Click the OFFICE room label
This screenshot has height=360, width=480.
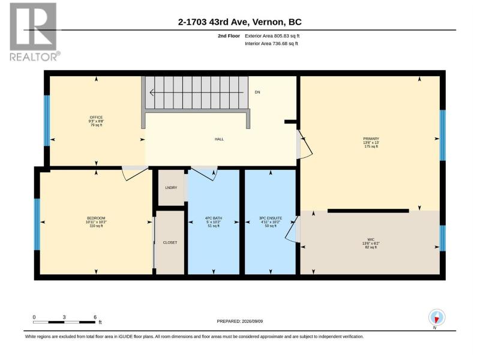coord(96,117)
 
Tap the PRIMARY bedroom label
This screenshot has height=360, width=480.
coord(371,139)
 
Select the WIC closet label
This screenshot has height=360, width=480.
coord(371,239)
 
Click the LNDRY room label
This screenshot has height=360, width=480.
coord(171,188)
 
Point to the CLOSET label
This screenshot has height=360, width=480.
coord(170,242)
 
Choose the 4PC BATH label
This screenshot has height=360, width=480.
coord(214,218)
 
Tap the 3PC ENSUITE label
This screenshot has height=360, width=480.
coord(271,218)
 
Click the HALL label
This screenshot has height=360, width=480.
coord(219,139)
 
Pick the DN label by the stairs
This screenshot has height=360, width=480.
coord(257,92)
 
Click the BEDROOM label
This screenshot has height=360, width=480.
coord(96,218)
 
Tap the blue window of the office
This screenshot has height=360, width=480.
coord(47,121)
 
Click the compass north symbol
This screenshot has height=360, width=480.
coord(437,317)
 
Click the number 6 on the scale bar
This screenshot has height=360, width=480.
coord(95,317)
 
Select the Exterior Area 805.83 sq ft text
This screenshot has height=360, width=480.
coord(272,36)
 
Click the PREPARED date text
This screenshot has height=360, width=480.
coord(239,321)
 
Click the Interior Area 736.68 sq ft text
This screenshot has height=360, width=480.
coord(271,43)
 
